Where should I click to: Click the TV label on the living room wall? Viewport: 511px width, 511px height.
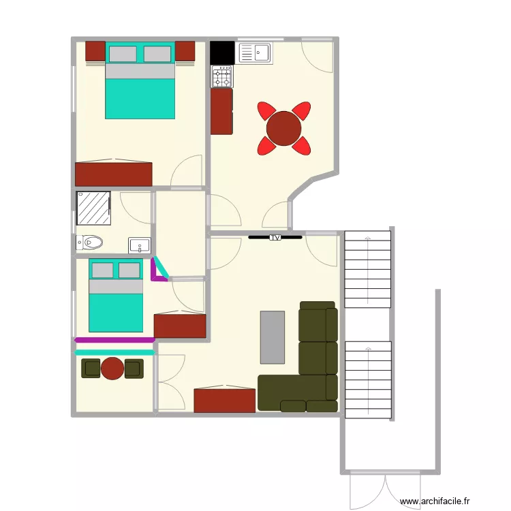point(275,238)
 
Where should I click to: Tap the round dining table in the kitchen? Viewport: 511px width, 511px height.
point(284,129)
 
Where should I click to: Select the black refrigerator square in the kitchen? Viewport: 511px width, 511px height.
point(222,52)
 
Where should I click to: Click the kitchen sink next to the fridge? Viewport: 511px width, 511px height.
point(255,52)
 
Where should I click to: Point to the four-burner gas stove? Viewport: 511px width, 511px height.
point(222,76)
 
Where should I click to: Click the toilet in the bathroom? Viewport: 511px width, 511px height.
point(89,242)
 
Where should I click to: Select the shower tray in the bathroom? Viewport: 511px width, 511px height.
point(93,208)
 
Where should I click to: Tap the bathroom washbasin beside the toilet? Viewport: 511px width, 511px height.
point(140,244)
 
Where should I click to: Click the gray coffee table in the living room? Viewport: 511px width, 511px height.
point(273,337)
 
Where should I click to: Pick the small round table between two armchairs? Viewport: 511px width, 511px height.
point(112,369)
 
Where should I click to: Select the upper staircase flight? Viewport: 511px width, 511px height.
point(368,270)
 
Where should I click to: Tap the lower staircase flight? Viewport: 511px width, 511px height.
point(368,380)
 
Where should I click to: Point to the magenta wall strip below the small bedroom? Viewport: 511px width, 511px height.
point(114,339)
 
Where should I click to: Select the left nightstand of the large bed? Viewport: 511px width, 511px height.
point(95,51)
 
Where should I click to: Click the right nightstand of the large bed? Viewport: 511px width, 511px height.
point(185,51)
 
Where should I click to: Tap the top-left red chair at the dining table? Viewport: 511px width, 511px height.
point(266,110)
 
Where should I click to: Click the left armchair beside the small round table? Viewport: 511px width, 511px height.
point(91,369)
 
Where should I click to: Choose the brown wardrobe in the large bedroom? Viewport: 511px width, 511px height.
point(113,174)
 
